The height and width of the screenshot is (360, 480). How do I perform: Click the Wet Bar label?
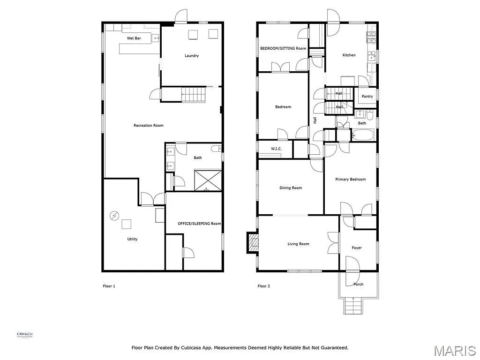pos(134,38)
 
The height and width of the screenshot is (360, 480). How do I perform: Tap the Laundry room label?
pos(192,56)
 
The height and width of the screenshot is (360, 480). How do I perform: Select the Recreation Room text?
pos(149,125)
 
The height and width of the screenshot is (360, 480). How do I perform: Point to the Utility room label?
pos(132,239)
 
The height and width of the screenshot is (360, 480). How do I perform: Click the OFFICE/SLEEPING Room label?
pos(199,224)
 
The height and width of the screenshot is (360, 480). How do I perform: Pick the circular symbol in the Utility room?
pos(114,216)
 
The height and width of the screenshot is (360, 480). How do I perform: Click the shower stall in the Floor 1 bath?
pos(208,180)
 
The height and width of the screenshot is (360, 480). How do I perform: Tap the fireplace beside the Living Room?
pos(253,243)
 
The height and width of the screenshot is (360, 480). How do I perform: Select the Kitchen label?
pos(349,55)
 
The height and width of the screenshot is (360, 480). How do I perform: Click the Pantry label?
pos(367,97)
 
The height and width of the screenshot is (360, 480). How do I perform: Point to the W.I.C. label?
pos(275,149)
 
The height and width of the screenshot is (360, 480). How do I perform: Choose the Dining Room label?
pos(291,188)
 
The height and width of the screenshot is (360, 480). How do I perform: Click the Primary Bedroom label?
pos(350,179)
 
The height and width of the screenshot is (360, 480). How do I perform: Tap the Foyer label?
pos(357,247)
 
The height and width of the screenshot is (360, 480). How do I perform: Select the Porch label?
pos(358,285)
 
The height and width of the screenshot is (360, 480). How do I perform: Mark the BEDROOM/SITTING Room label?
pos(283,48)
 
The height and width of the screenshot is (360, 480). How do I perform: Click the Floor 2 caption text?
pos(264,286)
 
